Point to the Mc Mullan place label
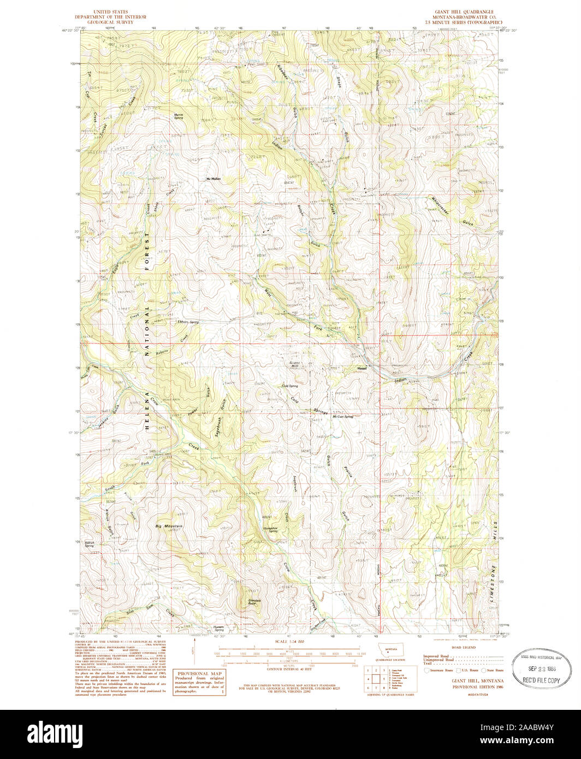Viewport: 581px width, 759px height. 213,179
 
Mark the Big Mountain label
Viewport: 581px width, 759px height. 169,526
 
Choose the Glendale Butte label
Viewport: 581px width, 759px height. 250,602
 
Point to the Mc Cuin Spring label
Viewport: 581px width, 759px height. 343,417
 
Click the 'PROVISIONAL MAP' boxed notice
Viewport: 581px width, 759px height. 200,681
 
